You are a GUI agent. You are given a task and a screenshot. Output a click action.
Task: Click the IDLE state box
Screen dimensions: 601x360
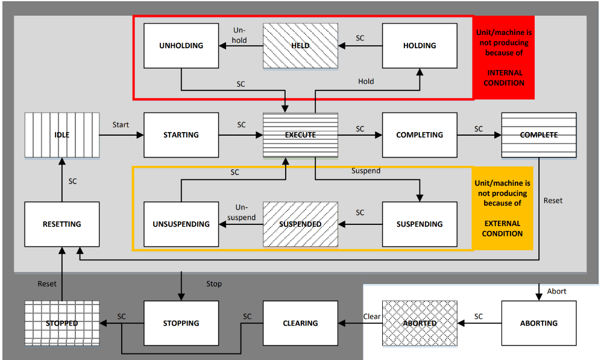tap(62, 135)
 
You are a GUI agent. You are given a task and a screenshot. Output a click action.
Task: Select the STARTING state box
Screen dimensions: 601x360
tap(181, 135)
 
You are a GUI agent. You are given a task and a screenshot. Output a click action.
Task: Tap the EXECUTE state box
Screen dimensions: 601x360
tap(300, 135)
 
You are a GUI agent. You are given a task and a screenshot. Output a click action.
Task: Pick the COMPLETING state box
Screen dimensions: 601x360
tap(420, 135)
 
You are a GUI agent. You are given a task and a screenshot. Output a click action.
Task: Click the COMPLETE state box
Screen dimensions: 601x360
tap(539, 135)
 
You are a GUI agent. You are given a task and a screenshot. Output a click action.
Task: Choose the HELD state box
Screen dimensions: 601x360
tap(300, 46)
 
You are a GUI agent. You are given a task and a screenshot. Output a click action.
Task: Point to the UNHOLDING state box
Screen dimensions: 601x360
tap(181, 46)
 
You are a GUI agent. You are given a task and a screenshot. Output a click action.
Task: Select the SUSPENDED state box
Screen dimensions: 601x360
tap(300, 224)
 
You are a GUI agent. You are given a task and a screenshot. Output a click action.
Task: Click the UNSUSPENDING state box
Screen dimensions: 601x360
tap(181, 224)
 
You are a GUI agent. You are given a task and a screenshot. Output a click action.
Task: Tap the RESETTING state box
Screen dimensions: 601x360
tap(62, 224)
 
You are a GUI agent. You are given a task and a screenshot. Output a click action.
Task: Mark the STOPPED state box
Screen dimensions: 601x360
tap(62, 323)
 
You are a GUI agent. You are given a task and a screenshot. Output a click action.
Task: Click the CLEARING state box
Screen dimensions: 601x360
tap(300, 323)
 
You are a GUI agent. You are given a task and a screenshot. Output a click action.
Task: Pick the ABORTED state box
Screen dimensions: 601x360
tap(420, 323)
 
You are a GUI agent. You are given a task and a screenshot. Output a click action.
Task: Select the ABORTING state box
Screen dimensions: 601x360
tap(539, 323)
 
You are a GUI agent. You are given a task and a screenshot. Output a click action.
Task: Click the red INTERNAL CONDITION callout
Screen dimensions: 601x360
tap(504, 57)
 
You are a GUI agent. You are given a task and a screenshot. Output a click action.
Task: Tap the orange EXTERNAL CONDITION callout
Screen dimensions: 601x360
tap(503, 208)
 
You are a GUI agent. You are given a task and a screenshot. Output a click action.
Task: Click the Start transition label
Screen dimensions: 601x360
tap(121, 125)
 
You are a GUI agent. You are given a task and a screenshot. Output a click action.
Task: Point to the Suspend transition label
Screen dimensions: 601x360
tap(366, 171)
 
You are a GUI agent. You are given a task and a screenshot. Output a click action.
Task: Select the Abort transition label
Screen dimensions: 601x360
tap(556, 291)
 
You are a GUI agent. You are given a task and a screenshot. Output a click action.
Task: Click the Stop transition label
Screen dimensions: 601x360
tap(214, 284)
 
